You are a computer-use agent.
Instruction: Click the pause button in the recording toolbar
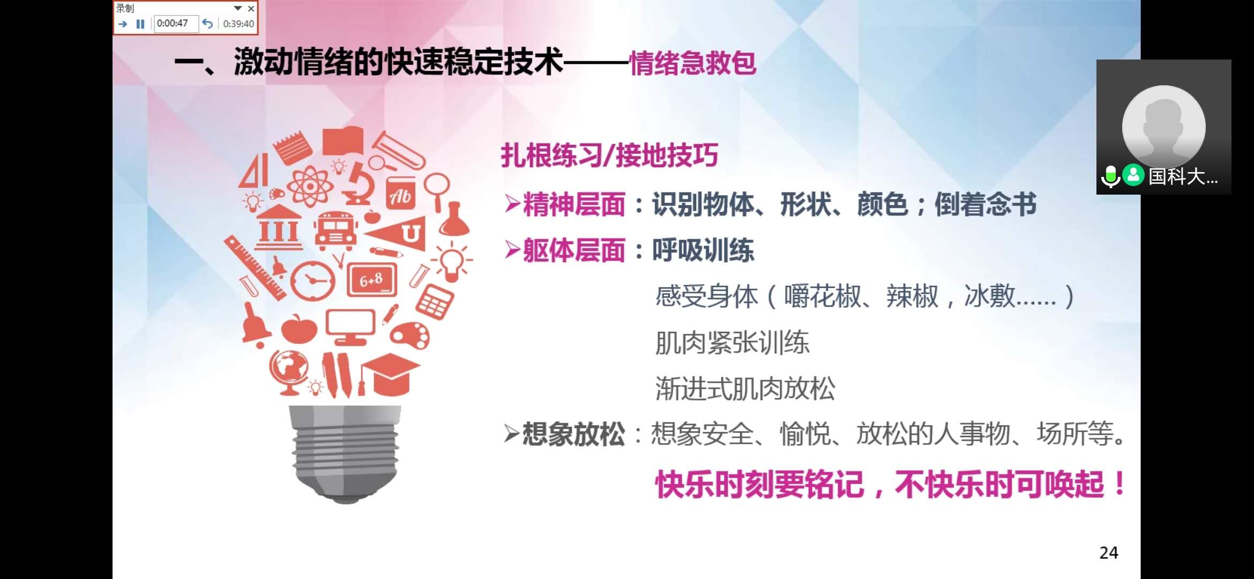(x=140, y=24)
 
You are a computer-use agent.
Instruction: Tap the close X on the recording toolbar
(x=251, y=9)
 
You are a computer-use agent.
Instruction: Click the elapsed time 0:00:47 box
(x=176, y=24)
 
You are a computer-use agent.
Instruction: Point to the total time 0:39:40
(x=238, y=24)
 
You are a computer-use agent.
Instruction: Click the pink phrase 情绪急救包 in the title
(x=692, y=63)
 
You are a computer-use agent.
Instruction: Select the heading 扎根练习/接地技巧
(x=609, y=155)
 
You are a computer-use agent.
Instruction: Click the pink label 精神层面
(x=574, y=204)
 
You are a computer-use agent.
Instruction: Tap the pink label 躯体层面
(x=574, y=250)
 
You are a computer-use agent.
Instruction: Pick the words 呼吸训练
(x=703, y=250)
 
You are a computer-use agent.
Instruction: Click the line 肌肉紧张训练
(x=732, y=343)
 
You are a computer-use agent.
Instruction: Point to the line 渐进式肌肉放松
(x=745, y=389)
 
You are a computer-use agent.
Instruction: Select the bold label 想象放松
(x=573, y=434)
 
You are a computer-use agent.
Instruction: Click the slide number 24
(x=1109, y=553)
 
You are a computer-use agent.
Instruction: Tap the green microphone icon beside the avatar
(x=1110, y=176)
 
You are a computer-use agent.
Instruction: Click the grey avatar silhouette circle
(x=1164, y=127)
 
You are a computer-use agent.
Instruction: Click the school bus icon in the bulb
(x=335, y=231)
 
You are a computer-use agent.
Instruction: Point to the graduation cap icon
(x=390, y=374)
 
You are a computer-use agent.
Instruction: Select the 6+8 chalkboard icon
(x=372, y=280)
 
